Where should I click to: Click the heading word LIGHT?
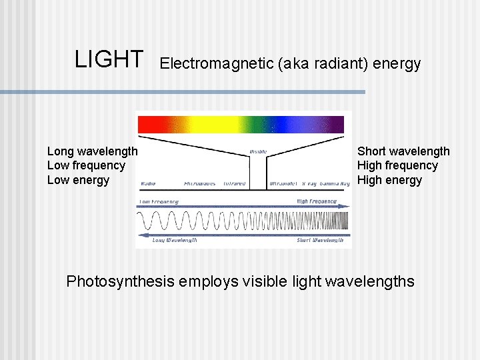click(109, 59)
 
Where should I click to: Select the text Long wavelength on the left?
click(92, 152)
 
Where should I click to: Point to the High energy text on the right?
click(389, 180)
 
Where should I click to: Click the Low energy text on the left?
click(78, 180)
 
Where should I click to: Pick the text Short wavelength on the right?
click(403, 152)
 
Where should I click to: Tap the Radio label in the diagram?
click(149, 183)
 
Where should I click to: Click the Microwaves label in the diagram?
click(199, 183)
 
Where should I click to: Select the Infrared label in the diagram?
click(234, 183)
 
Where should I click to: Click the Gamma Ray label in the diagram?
click(335, 183)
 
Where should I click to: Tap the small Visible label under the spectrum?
click(258, 151)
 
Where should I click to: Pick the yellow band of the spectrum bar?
click(200, 125)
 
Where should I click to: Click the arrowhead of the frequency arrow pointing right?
click(345, 207)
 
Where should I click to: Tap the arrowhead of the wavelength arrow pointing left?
click(140, 235)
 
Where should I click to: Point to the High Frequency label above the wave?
click(317, 201)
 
